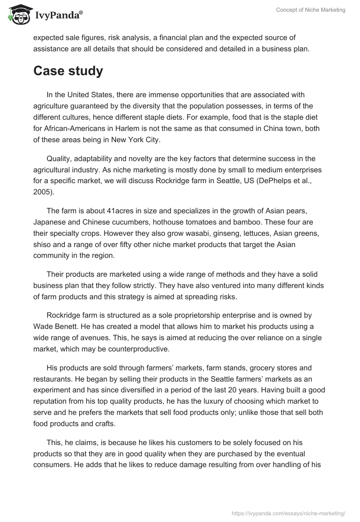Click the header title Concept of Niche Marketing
[x=311, y=10]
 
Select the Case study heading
[x=68, y=71]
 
